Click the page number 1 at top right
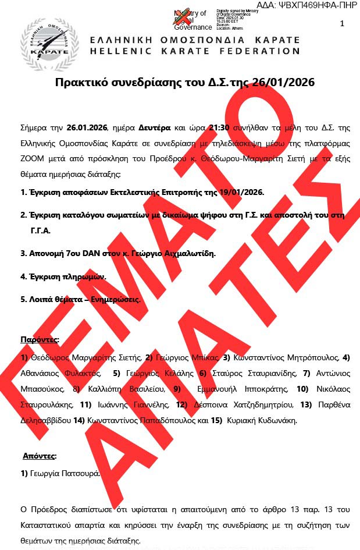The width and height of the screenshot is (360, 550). pos(342,23)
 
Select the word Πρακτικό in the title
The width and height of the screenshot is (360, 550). pos(79,83)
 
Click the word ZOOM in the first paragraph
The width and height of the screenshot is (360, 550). pos(33,158)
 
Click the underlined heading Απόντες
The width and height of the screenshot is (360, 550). pos(40,456)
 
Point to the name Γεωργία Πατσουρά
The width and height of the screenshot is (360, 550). pos(65,474)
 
